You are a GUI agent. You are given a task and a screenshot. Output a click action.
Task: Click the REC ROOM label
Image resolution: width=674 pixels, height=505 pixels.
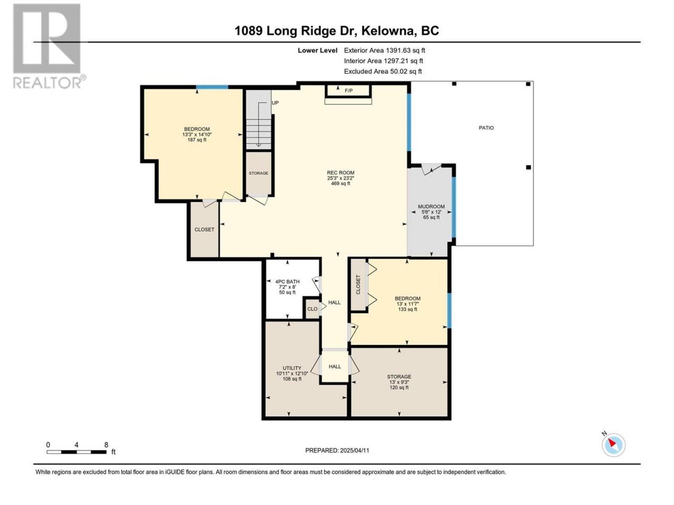tap(340, 173)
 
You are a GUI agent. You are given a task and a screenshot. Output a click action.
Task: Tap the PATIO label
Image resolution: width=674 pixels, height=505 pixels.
tap(486, 127)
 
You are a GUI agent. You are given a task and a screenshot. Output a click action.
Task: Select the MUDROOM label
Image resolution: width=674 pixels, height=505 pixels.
tap(431, 206)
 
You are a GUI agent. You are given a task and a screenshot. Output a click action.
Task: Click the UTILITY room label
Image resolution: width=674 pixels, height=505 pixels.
tap(292, 368)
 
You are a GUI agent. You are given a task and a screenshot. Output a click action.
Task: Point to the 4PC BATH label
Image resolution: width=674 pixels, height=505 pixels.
tap(287, 281)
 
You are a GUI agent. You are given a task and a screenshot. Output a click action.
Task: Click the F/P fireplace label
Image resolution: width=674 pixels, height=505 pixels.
tap(349, 90)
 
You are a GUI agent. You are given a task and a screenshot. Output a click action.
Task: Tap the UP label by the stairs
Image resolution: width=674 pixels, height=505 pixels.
tap(275, 103)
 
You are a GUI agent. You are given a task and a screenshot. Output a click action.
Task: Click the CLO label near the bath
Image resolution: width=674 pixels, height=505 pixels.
tap(312, 309)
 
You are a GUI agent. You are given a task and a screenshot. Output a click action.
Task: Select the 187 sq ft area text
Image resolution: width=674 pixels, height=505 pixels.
tap(197, 140)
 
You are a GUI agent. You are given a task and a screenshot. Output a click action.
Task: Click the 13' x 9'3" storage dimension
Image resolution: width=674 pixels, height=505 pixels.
tap(399, 382)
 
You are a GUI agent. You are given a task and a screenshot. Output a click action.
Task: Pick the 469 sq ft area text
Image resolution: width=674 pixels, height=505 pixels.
tap(341, 184)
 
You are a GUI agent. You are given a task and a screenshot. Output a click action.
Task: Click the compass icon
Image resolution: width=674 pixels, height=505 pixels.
tap(613, 445)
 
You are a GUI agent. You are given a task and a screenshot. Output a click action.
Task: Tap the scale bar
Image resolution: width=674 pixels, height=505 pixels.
tap(76, 452)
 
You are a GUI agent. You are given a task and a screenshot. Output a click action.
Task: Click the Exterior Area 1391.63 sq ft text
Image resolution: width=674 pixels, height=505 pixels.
tap(384, 50)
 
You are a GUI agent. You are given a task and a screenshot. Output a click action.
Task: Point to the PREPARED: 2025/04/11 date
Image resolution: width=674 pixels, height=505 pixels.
tap(337, 450)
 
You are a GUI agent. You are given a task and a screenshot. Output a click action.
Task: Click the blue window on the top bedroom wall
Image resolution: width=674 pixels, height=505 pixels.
tap(212, 87)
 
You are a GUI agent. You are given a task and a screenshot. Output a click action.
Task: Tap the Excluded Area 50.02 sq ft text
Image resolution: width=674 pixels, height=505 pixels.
tap(383, 71)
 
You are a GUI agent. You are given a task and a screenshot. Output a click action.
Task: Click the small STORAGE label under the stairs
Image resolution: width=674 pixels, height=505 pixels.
tap(258, 173)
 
